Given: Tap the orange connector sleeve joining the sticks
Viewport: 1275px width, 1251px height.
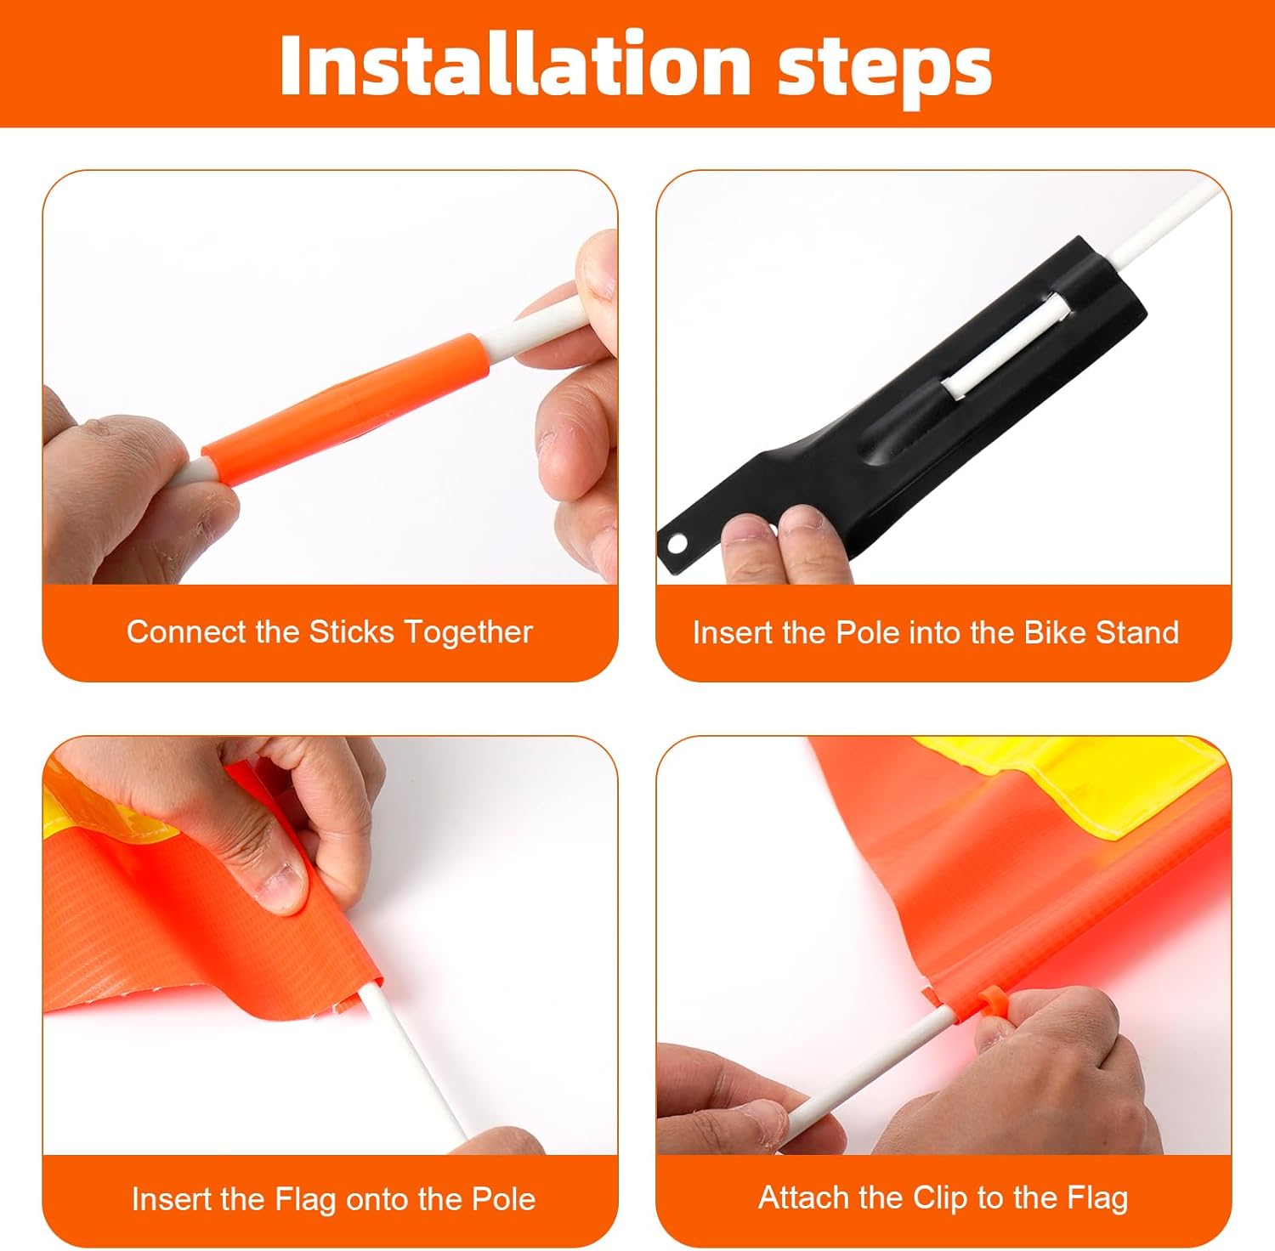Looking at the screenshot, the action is pos(347,409).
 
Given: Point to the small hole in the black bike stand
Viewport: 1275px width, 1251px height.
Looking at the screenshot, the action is pos(677,542).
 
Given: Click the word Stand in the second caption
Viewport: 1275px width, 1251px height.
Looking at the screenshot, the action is pos(1137,633).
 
